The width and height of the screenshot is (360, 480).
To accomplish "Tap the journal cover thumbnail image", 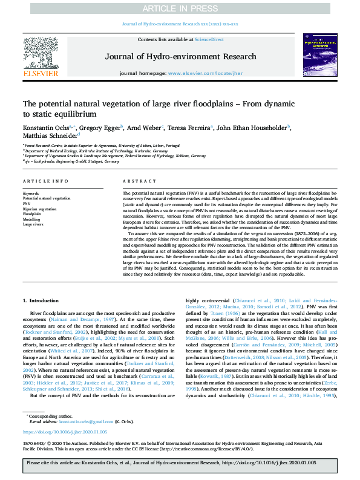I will click(x=319, y=54).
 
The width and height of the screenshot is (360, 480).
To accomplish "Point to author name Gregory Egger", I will click(x=100, y=128).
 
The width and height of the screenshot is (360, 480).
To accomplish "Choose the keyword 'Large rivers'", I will click(x=33, y=224).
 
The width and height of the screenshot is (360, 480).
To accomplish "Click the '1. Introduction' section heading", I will click(x=41, y=300).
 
